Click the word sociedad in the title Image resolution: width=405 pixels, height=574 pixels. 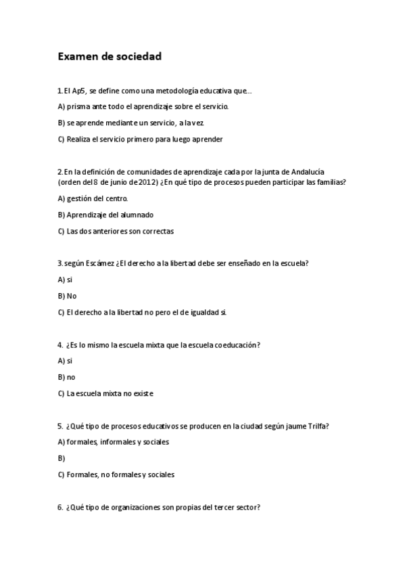[138, 57]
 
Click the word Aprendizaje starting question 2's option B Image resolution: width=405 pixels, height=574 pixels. [88, 215]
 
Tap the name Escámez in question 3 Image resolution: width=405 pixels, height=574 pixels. [101, 263]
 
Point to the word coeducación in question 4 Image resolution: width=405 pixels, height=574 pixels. [237, 345]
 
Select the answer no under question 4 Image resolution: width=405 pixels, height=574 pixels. [71, 377]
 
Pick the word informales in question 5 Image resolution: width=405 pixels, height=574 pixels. [119, 442]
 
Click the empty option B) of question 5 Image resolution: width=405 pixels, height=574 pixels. [62, 458]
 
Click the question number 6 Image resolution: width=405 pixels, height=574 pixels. [59, 507]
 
